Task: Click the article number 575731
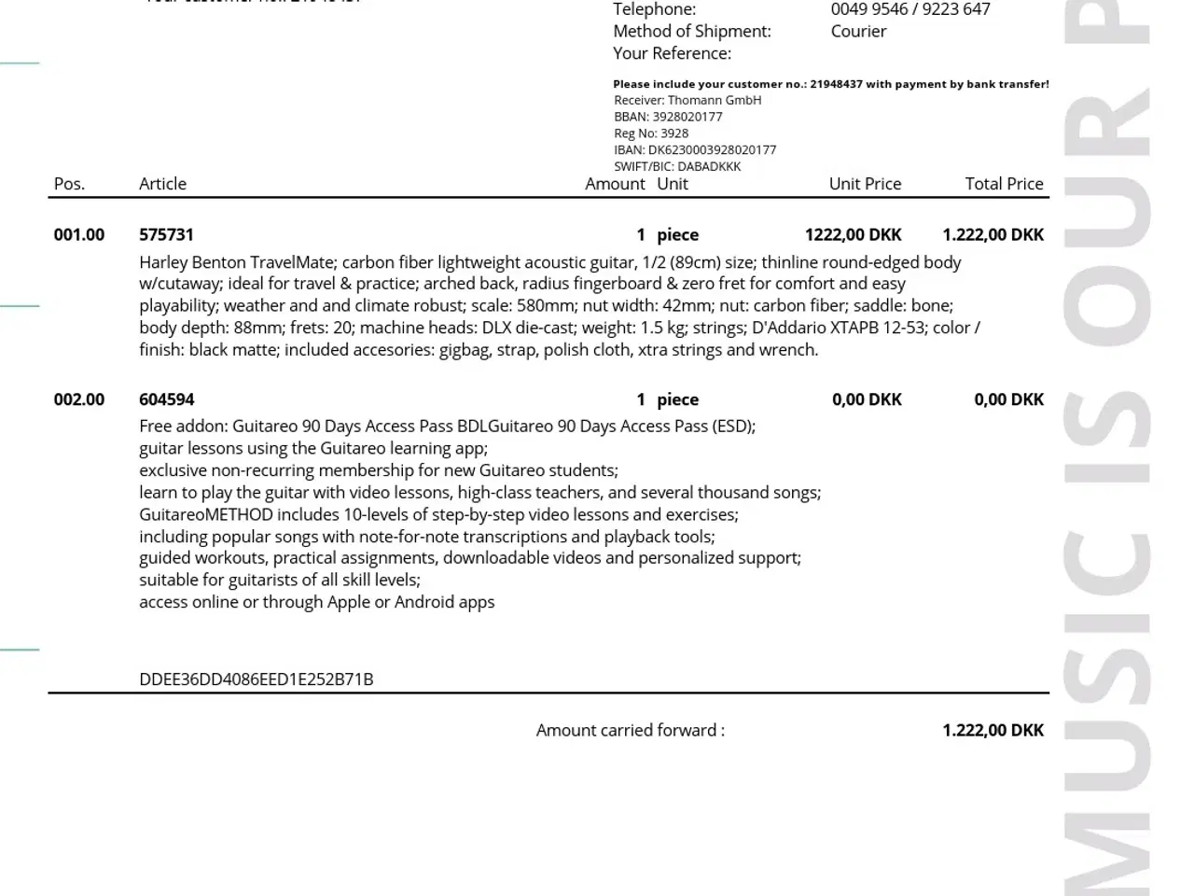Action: pyautogui.click(x=166, y=234)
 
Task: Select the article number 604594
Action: pyautogui.click(x=166, y=399)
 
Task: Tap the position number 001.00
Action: pyautogui.click(x=79, y=234)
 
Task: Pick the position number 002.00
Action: pyautogui.click(x=79, y=399)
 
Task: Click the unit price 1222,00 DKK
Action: pyautogui.click(x=853, y=234)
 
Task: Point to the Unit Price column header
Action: pyautogui.click(x=865, y=184)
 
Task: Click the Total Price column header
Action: pyautogui.click(x=1004, y=184)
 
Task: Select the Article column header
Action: pyautogui.click(x=162, y=184)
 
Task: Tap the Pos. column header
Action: pyautogui.click(x=69, y=184)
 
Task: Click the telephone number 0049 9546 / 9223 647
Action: pyautogui.click(x=910, y=9)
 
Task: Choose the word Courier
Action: pyautogui.click(x=858, y=31)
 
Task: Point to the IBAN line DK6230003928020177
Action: pyautogui.click(x=695, y=149)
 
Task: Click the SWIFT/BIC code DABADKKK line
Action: pyautogui.click(x=677, y=166)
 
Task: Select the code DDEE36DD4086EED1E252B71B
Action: pyautogui.click(x=256, y=679)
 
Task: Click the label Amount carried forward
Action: pyautogui.click(x=630, y=730)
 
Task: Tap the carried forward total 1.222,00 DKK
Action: pyautogui.click(x=993, y=730)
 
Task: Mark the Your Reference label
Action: pyautogui.click(x=672, y=53)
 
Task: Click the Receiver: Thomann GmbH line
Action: pyautogui.click(x=687, y=100)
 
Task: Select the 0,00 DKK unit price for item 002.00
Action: pyautogui.click(x=867, y=399)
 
